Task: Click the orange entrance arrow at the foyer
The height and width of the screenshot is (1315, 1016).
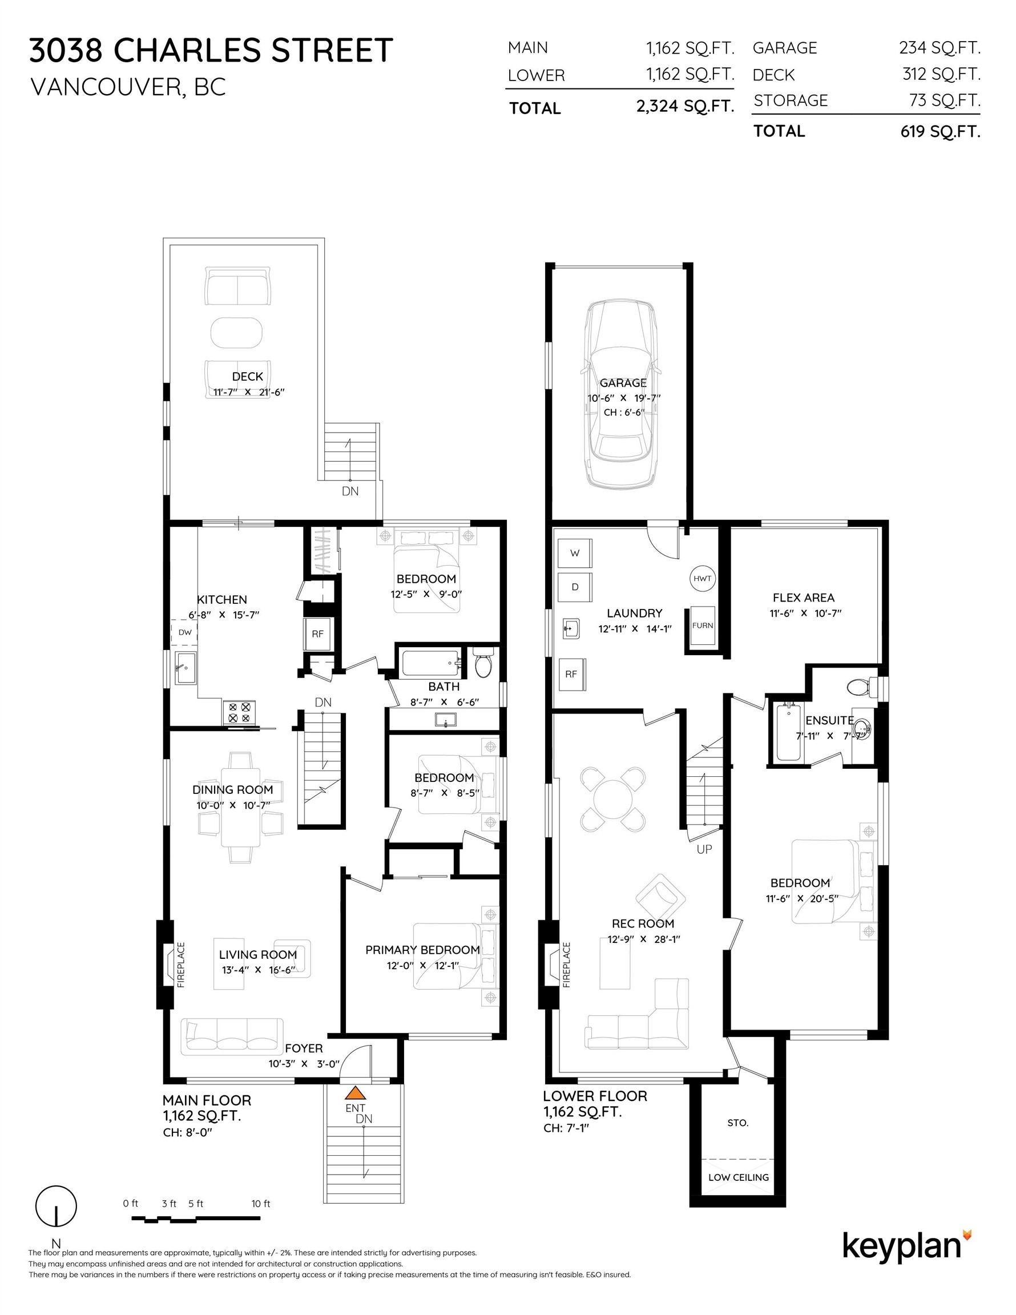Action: coord(356,1093)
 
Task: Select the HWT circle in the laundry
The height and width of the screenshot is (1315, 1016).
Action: coord(702,578)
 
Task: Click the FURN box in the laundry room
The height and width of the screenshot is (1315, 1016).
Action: coord(702,626)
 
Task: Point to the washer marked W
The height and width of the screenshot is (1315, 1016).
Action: coord(575,553)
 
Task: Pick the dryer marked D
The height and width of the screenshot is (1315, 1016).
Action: coord(575,587)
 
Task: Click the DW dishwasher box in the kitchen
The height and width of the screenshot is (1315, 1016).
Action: coord(184,632)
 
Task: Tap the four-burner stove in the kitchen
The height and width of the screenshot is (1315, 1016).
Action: coord(239,713)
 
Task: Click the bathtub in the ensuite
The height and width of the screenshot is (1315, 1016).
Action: coord(788,733)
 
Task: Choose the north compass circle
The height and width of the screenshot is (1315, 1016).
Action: coord(56,1206)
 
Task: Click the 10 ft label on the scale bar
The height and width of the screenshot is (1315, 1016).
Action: coord(261,1204)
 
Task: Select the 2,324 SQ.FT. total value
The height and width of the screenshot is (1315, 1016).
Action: coord(685,107)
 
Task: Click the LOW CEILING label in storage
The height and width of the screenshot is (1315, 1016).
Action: coord(739,1177)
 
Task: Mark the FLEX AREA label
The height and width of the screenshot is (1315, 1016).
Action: coord(804,598)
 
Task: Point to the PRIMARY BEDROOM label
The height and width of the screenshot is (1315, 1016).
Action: coord(422,950)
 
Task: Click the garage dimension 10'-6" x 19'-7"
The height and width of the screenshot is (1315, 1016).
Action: coord(623,398)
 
